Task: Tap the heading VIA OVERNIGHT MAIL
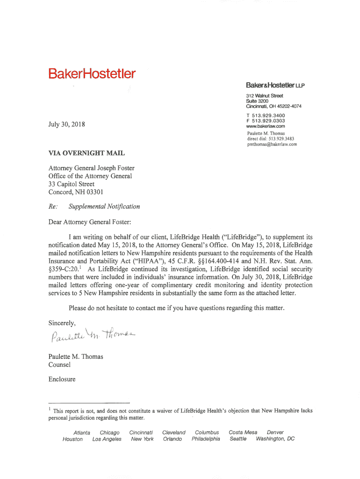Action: (x=86, y=153)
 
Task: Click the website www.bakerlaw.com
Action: (x=266, y=126)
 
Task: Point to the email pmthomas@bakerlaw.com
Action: (x=272, y=145)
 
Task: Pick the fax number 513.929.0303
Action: (x=268, y=121)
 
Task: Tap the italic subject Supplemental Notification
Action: (x=104, y=206)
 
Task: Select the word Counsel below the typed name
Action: (x=59, y=364)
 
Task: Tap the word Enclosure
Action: (x=62, y=379)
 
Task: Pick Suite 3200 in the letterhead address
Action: (x=258, y=101)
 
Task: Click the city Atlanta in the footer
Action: (x=82, y=433)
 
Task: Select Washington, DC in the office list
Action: (x=275, y=439)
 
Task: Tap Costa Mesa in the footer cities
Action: (x=243, y=433)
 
